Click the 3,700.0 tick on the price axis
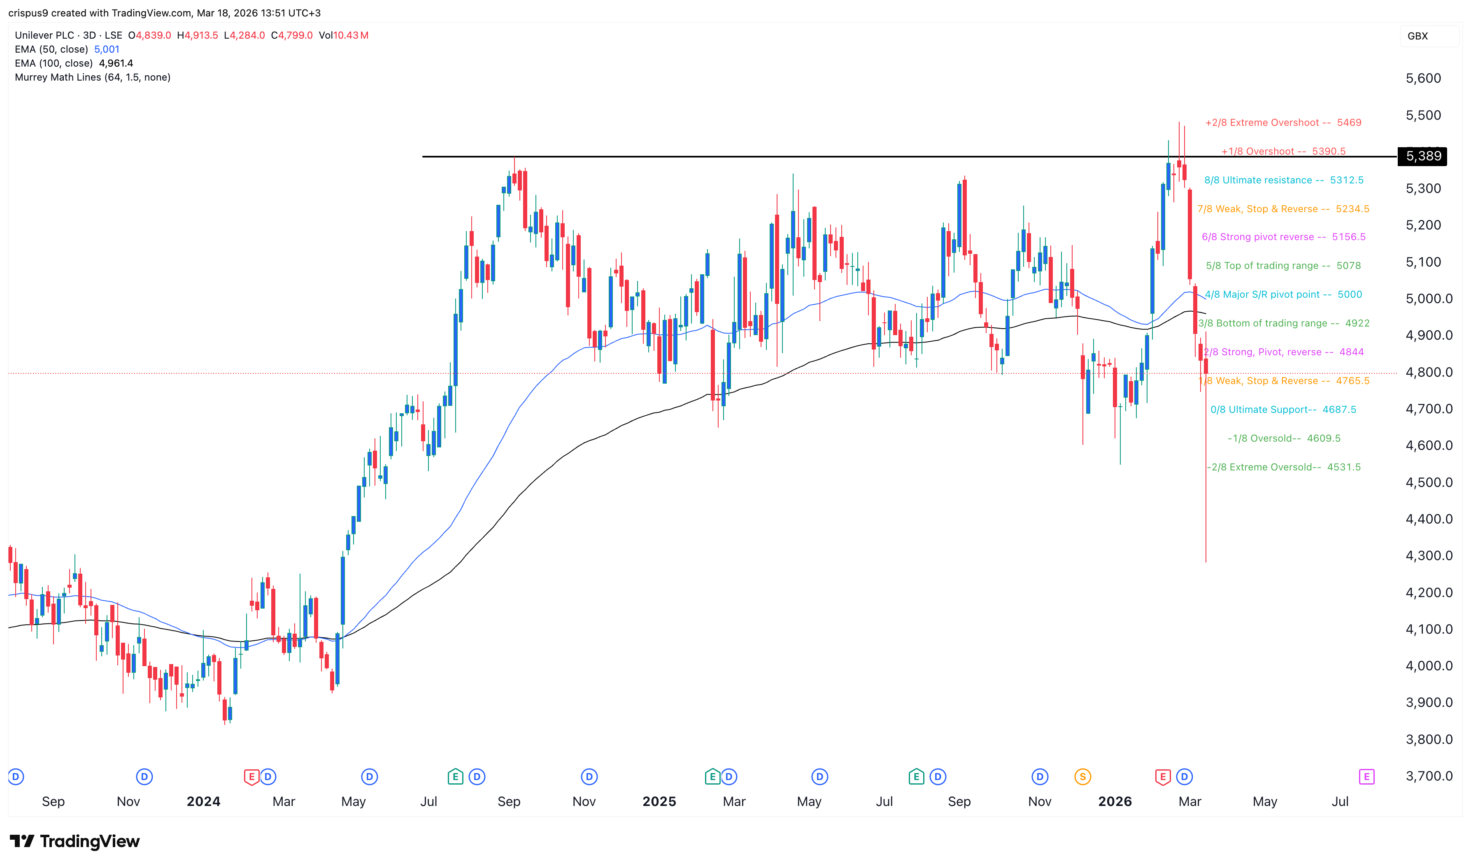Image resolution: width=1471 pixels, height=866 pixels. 1428,776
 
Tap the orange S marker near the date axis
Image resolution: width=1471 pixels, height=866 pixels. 1082,777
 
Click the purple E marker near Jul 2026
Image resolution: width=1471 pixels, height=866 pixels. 1366,777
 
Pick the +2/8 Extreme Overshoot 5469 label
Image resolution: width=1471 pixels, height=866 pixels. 1283,123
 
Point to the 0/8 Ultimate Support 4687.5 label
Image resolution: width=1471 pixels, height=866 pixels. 1283,410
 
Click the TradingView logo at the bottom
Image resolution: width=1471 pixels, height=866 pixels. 75,841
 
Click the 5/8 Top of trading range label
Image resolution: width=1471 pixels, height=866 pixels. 1283,266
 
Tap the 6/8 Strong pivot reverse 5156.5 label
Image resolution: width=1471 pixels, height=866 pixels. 1283,237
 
